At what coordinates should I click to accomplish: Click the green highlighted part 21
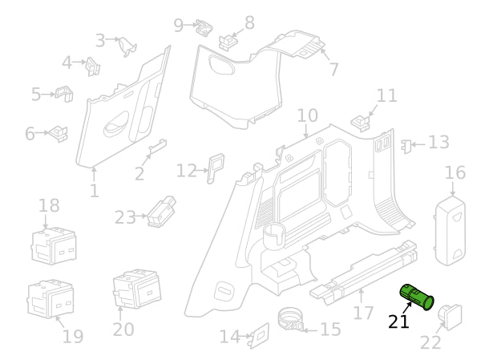[x=417, y=297]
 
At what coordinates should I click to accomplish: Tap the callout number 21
[x=398, y=322]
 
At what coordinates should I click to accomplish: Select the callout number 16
[x=455, y=173]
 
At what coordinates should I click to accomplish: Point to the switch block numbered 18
[x=54, y=245]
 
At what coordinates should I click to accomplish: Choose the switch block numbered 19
[x=51, y=298]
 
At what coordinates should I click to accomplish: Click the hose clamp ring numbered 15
[x=293, y=318]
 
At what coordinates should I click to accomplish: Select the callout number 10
[x=307, y=115]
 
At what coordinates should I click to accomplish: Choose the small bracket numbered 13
[x=407, y=145]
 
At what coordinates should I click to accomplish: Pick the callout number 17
[x=363, y=313]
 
